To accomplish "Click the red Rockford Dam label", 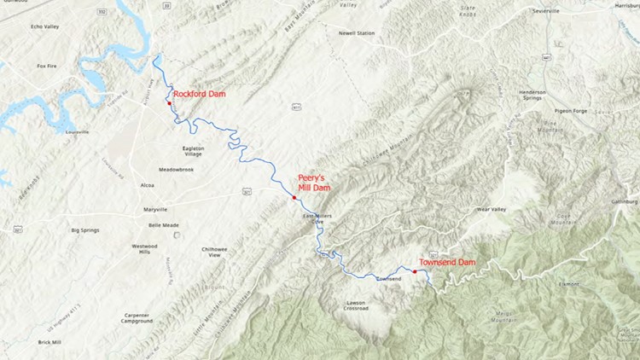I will click(199, 94).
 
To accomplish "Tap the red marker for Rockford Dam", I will click(170, 104).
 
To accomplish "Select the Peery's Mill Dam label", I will click(313, 183).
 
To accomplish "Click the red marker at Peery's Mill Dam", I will click(294, 198).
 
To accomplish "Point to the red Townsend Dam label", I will click(447, 262).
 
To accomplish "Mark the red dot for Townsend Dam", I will click(415, 271).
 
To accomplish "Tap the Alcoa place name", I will click(147, 184).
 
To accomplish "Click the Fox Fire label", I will click(46, 66).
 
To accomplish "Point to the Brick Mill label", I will click(49, 342).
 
